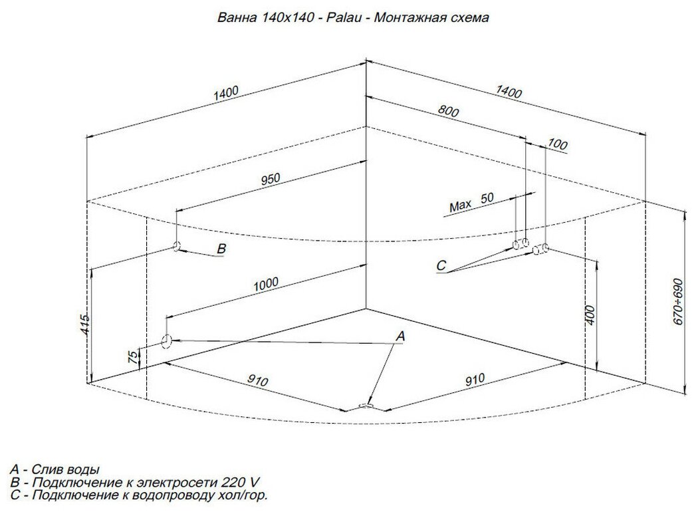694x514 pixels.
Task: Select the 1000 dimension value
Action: pyautogui.click(x=267, y=284)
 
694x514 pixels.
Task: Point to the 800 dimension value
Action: pyautogui.click(x=449, y=112)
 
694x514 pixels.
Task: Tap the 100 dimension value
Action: pyautogui.click(x=558, y=144)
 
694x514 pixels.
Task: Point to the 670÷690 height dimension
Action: pyautogui.click(x=678, y=300)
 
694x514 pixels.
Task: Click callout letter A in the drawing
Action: pyautogui.click(x=400, y=337)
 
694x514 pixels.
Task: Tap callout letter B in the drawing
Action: pyautogui.click(x=222, y=249)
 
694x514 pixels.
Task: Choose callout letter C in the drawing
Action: pyautogui.click(x=441, y=266)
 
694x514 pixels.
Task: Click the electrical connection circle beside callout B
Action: pyautogui.click(x=177, y=247)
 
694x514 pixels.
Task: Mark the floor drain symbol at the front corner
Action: pyautogui.click(x=366, y=404)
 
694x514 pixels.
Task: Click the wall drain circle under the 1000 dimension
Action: pyautogui.click(x=166, y=341)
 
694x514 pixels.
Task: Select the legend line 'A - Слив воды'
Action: pyautogui.click(x=59, y=469)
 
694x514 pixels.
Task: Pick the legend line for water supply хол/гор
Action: pyautogui.click(x=140, y=495)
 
